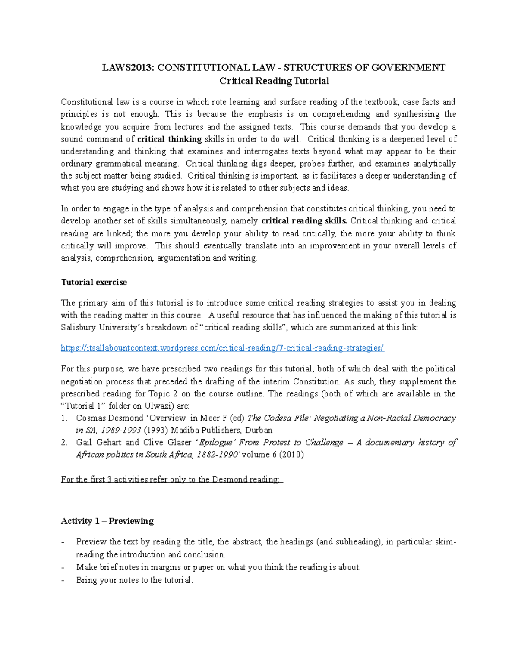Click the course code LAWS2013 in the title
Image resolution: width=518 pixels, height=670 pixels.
point(128,67)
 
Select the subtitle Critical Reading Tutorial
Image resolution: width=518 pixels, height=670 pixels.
point(274,81)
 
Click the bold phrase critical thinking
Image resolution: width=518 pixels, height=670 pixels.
point(169,139)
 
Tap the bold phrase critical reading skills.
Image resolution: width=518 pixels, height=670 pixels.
point(304,221)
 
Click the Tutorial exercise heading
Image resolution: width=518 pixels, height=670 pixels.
point(94,282)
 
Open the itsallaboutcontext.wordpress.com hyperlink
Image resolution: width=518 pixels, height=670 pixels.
point(222,348)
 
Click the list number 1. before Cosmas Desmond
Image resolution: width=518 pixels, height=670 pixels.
point(64,418)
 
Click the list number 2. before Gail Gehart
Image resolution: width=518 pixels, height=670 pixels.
point(64,442)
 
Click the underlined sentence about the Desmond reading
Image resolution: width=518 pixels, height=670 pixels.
point(171,479)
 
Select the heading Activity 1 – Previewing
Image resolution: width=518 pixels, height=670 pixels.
point(107,521)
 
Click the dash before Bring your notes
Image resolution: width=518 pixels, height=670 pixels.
point(64,580)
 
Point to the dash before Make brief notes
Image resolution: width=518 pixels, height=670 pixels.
point(64,567)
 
